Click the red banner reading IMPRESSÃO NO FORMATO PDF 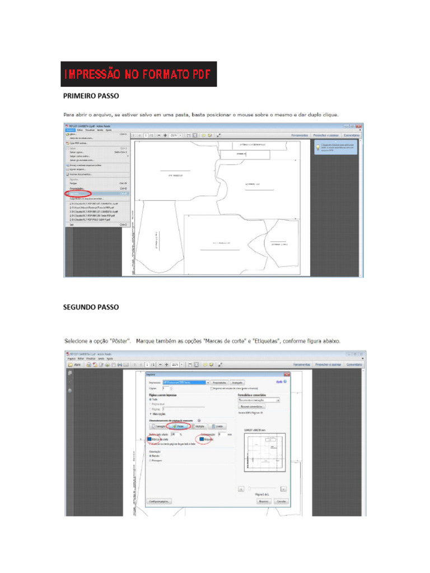(139, 74)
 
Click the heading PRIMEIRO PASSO (91, 96)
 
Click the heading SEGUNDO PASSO (91, 307)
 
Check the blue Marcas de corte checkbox (151, 440)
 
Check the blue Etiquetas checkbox (202, 440)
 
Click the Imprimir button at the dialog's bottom (263, 501)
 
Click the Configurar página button (159, 501)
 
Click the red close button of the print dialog (286, 374)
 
